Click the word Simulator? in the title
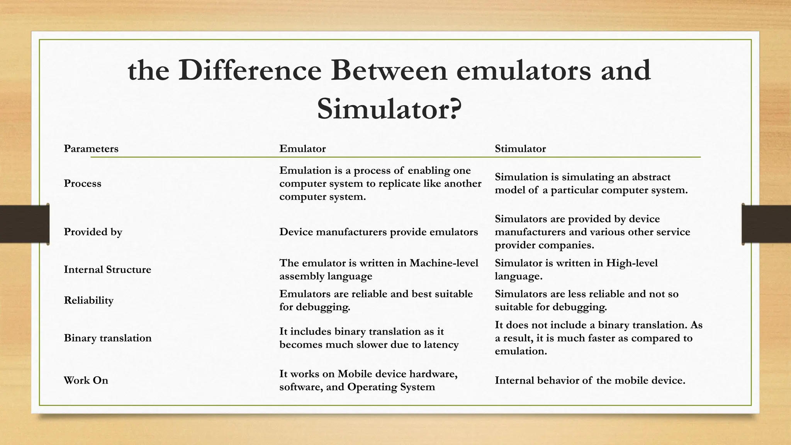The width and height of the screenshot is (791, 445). (389, 109)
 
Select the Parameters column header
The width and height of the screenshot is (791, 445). (91, 149)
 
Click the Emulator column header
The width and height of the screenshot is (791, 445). (302, 149)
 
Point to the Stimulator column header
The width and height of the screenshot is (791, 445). (520, 149)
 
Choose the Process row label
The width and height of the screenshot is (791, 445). (83, 183)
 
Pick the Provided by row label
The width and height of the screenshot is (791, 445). (93, 232)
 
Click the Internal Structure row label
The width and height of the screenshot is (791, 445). (107, 269)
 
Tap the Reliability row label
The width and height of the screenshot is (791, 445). (88, 300)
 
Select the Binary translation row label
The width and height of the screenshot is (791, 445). (108, 338)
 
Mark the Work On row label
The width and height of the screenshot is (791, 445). (86, 380)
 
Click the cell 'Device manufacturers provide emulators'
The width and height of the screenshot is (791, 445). (379, 232)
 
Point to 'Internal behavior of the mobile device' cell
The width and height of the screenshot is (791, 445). (590, 380)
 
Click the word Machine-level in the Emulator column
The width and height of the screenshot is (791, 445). (444, 263)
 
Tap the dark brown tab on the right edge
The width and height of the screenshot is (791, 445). (766, 224)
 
